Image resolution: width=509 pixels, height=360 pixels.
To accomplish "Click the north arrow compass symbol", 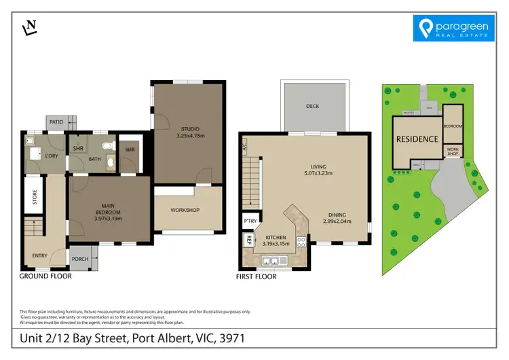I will [x=31, y=27].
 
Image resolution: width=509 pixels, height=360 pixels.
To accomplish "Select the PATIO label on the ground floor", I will [x=56, y=122].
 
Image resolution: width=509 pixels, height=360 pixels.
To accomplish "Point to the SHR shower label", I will [x=78, y=147].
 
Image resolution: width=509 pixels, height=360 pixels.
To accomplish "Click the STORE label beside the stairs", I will [x=34, y=198].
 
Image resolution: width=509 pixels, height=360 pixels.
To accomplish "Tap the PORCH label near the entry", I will [x=80, y=259].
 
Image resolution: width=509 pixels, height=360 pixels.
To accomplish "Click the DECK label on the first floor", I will [x=312, y=107].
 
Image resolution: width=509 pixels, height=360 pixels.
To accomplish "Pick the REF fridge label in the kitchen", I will [x=249, y=241].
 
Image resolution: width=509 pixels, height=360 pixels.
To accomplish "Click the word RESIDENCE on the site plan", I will [x=417, y=139].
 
